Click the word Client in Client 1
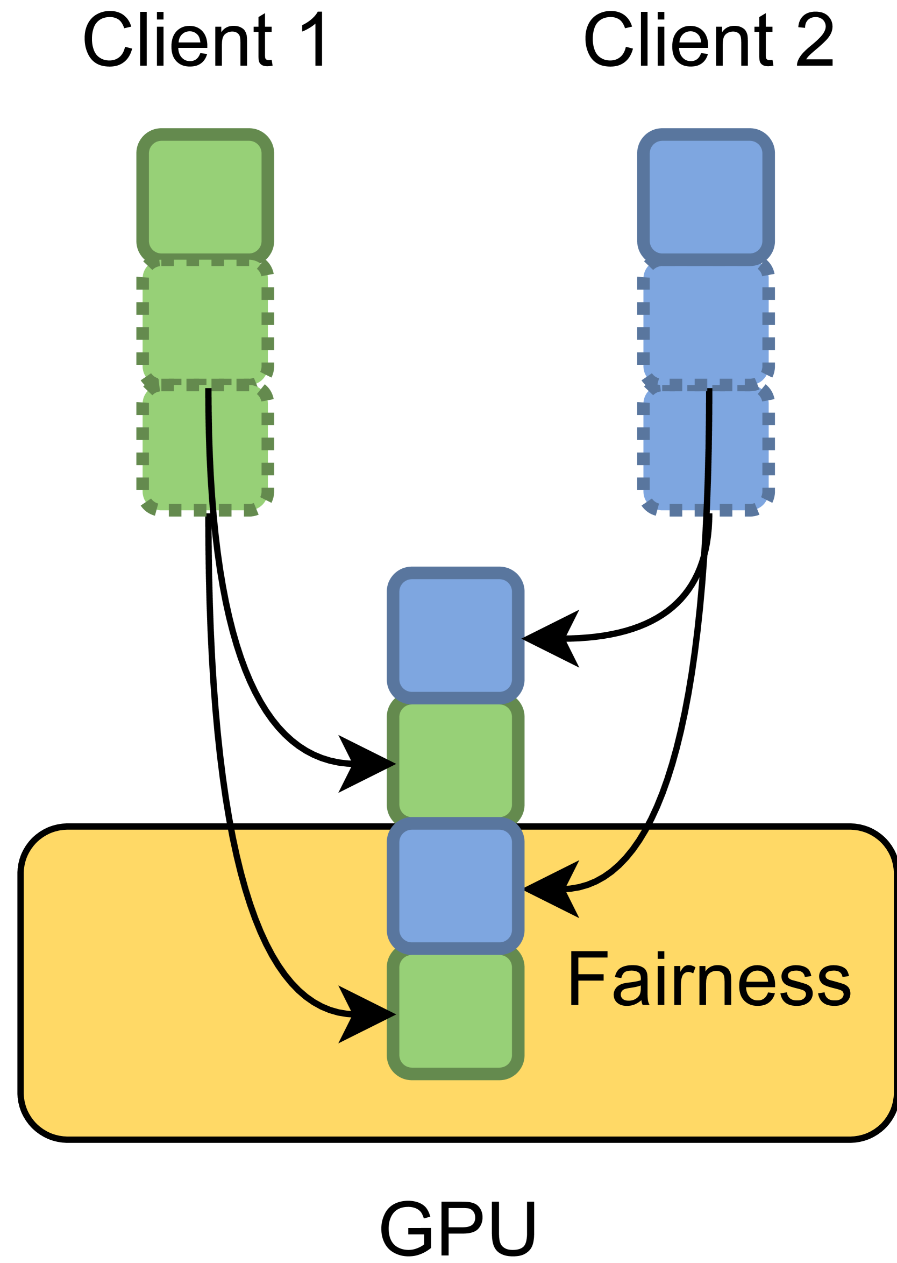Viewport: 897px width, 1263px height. click(177, 39)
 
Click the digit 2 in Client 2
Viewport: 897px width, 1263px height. click(815, 39)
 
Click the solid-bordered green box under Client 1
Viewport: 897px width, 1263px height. click(205, 197)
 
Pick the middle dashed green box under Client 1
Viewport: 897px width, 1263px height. click(205, 321)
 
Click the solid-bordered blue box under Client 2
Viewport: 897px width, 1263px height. click(706, 197)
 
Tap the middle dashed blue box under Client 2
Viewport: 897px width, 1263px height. click(706, 321)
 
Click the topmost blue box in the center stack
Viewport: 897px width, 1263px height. click(455, 635)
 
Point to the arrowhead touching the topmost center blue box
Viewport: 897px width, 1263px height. click(550, 638)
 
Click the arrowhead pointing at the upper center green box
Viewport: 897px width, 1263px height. click(367, 764)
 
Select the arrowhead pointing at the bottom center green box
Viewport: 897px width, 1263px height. click(367, 1014)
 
